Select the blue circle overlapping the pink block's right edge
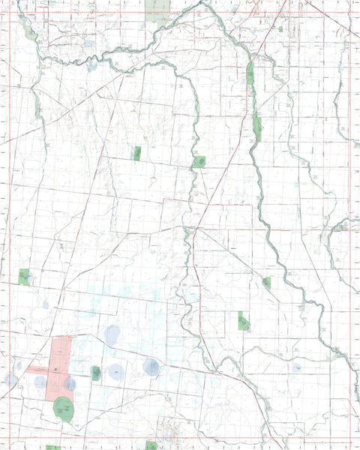click(x=70, y=383)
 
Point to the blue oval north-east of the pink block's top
click(x=112, y=334)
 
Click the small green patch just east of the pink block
click(x=96, y=372)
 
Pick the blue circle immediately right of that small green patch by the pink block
click(x=116, y=370)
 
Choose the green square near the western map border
click(x=24, y=277)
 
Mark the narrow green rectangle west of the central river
click(x=137, y=153)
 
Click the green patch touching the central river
click(x=199, y=161)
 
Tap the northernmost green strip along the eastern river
click(x=250, y=73)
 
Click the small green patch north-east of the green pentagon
click(x=266, y=283)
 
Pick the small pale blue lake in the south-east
click(x=297, y=367)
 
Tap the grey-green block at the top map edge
click(x=157, y=10)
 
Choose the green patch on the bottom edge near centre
click(x=152, y=445)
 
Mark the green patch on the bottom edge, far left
click(x=52, y=447)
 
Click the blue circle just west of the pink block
click(x=40, y=382)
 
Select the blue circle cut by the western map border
click(x=10, y=379)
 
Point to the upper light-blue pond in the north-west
click(x=90, y=43)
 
